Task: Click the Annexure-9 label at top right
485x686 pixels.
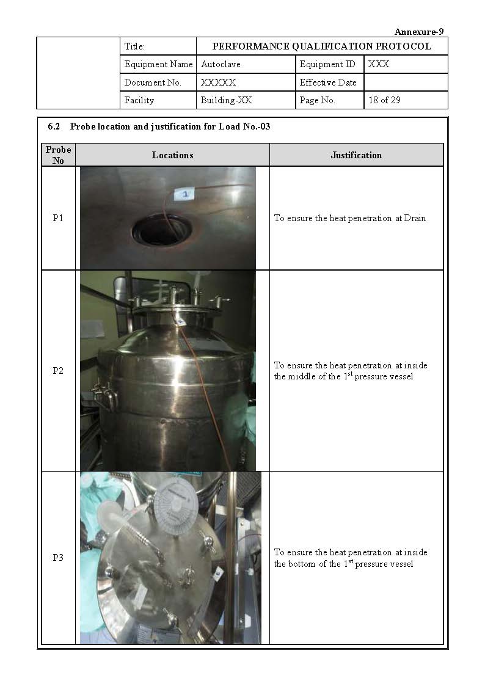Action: click(418, 32)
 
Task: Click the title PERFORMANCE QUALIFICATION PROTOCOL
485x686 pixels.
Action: click(321, 46)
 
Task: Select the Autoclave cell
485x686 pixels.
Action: click(212, 64)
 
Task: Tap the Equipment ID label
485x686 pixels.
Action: click(327, 64)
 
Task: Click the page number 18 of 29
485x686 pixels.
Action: click(384, 100)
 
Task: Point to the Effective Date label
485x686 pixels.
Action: click(328, 82)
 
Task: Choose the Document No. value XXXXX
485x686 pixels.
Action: click(218, 82)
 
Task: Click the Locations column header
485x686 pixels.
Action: click(172, 155)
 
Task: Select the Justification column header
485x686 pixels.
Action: click(356, 155)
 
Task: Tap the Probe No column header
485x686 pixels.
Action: click(58, 155)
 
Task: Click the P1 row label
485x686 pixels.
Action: click(58, 218)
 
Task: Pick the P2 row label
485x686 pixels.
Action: click(58, 371)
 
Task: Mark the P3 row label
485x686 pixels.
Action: click(58, 558)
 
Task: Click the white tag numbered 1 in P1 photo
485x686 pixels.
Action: click(185, 194)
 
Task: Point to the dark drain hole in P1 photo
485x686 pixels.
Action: click(162, 229)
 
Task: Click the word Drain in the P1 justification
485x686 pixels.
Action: click(415, 218)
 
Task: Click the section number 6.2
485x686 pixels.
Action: click(54, 127)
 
